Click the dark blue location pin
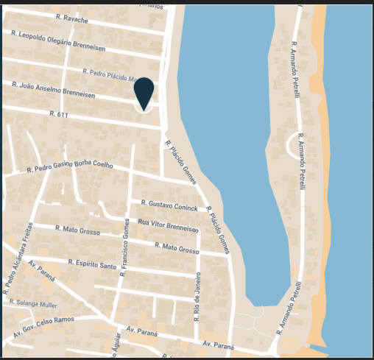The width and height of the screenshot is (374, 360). click(144, 92)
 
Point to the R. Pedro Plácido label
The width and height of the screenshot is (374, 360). click(110, 74)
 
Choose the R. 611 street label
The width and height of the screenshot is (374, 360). click(59, 114)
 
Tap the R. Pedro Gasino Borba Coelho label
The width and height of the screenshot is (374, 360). click(70, 167)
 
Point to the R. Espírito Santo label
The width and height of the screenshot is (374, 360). click(93, 264)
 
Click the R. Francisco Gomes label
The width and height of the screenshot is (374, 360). click(125, 247)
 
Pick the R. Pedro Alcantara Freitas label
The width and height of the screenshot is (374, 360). click(18, 258)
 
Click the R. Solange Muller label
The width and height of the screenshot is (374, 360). click(33, 303)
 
